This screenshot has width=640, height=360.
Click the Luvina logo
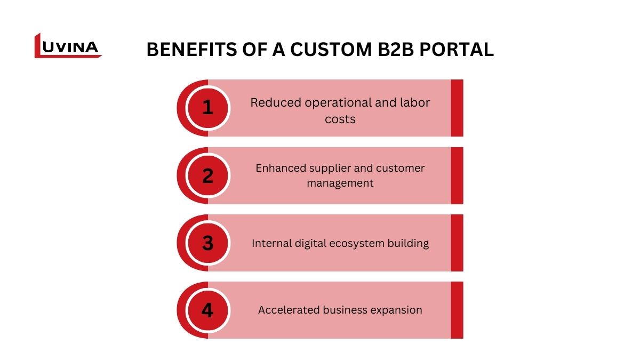pos(67,46)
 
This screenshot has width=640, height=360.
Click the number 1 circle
pos(207,108)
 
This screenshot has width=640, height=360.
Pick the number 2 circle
pos(207,175)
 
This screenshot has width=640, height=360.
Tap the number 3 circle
pos(207,243)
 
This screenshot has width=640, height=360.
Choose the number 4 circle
pos(207,310)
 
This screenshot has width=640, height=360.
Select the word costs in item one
pos(340,119)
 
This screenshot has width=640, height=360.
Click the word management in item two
pos(340,183)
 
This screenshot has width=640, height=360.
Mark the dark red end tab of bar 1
pos(457,108)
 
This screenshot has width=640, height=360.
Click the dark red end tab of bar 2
pos(457,175)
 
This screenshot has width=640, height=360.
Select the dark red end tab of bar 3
pos(457,243)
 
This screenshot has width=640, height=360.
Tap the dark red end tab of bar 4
pos(457,310)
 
